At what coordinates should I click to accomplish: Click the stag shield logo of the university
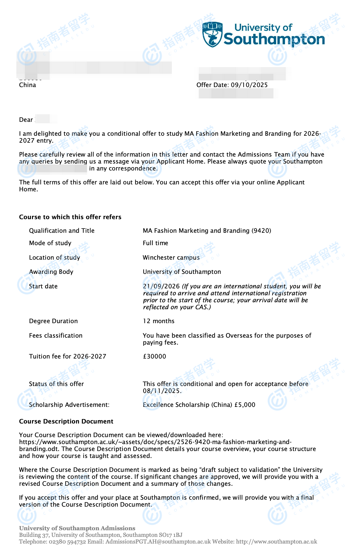(x=212, y=34)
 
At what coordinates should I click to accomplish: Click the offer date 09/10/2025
(x=249, y=85)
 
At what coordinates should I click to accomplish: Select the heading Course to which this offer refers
(x=70, y=217)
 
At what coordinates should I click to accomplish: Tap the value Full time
(x=155, y=243)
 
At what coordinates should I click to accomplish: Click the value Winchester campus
(x=171, y=258)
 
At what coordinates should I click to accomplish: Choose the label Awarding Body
(x=51, y=272)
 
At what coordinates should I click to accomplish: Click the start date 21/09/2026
(x=161, y=286)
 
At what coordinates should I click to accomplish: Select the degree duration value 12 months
(x=159, y=321)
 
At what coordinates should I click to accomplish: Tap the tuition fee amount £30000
(x=155, y=356)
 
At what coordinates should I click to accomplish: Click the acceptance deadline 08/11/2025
(x=162, y=391)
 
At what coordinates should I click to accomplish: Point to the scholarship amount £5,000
(x=245, y=405)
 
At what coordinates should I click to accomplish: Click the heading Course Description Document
(x=66, y=421)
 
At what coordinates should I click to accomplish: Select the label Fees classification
(x=56, y=336)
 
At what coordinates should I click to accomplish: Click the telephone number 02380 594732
(x=67, y=542)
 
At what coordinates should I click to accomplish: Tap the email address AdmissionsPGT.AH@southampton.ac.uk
(x=158, y=542)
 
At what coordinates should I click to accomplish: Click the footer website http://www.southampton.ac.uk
(x=277, y=542)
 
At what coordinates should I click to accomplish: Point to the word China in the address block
(x=28, y=85)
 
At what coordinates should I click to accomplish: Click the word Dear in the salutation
(x=26, y=120)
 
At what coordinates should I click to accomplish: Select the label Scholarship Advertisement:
(x=69, y=405)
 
